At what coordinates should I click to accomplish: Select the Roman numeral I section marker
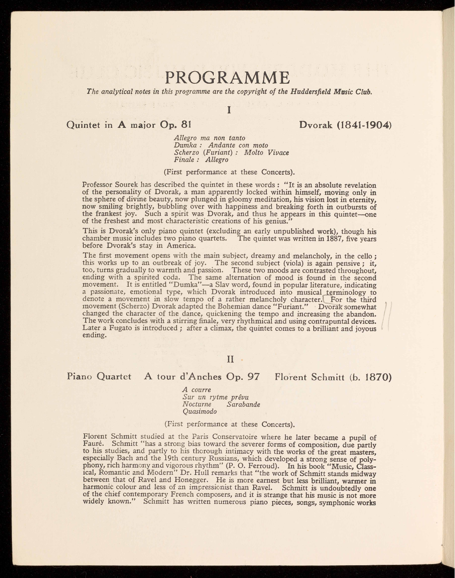coord(229,110)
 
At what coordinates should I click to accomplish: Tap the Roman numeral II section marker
coord(230,360)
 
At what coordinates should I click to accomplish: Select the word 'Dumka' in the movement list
coord(184,145)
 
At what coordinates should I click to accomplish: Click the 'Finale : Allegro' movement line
coord(201,160)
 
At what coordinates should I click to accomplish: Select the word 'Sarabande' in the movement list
coord(244,404)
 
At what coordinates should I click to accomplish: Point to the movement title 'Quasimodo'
coord(199,411)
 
